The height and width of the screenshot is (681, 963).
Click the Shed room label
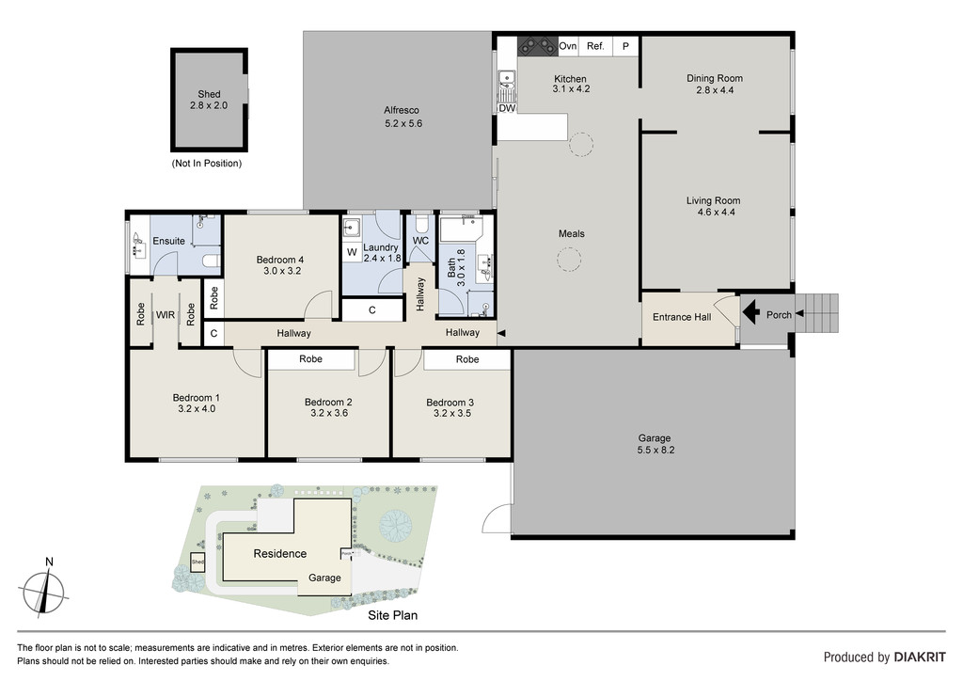[209, 94]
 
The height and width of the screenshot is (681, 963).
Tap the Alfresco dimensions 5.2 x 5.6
[403, 123]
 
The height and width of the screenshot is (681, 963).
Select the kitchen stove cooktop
[537, 46]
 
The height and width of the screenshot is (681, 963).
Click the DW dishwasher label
[507, 108]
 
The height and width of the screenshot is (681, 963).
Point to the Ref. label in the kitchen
[595, 46]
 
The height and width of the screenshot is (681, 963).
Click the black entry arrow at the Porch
[750, 313]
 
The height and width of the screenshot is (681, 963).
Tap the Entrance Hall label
[682, 317]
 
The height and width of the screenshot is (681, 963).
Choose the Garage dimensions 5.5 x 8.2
[655, 450]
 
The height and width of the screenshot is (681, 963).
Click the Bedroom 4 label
[280, 260]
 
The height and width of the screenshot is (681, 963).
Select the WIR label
[166, 315]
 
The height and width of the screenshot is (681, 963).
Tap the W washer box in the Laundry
[352, 252]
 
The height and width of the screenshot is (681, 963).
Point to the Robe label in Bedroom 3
[467, 359]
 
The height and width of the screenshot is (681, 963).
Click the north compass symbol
[44, 590]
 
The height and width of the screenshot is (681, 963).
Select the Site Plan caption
[392, 615]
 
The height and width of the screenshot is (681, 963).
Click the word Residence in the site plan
[280, 553]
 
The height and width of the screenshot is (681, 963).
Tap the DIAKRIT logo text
[920, 657]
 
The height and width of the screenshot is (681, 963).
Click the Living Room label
[713, 200]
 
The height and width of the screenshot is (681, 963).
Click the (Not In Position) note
[206, 164]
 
